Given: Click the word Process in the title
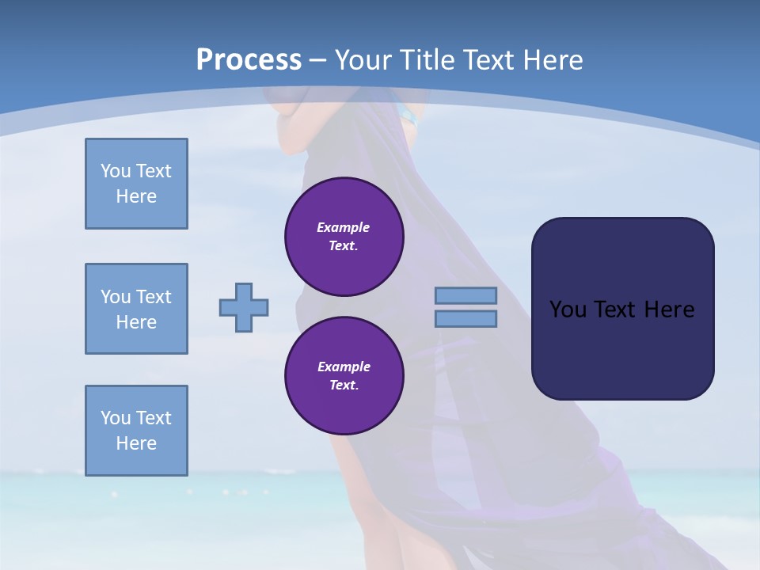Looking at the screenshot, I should click(x=249, y=60).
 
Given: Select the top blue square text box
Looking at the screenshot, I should click(x=136, y=184).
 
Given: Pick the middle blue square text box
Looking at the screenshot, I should click(x=136, y=309).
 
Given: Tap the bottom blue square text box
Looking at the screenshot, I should click(x=136, y=431).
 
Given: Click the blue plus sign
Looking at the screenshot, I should click(x=244, y=307).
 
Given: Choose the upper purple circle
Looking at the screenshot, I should click(x=344, y=236).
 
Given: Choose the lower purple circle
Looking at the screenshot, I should click(x=344, y=375).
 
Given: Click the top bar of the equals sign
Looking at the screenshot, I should click(x=466, y=295).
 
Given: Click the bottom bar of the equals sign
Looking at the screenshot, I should click(x=466, y=319).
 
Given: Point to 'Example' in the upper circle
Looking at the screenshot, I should click(x=344, y=227).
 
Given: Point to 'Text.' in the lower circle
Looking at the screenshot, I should click(x=344, y=386).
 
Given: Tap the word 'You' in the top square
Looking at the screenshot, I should click(x=115, y=171).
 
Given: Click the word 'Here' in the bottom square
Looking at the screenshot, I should click(x=136, y=443).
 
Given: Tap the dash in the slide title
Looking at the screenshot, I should click(x=318, y=60).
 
